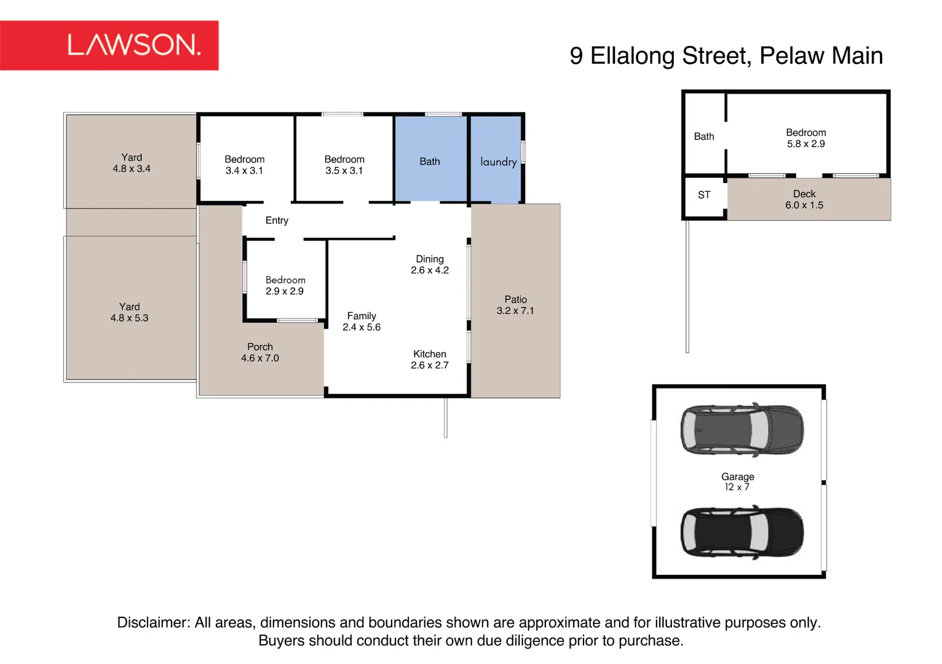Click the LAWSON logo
(109, 45)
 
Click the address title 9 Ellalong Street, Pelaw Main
(726, 55)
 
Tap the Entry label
(277, 220)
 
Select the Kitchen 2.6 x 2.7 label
(429, 360)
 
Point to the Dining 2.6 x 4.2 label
(429, 264)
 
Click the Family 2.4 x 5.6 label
(361, 322)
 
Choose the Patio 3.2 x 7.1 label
(515, 305)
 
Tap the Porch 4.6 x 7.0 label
(260, 352)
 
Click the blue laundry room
(496, 160)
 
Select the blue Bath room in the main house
(430, 159)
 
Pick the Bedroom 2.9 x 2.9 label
(285, 285)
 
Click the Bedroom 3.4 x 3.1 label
(244, 165)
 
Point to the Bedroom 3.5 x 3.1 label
(344, 165)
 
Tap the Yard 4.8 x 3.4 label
(131, 163)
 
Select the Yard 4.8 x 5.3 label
(129, 312)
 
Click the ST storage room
(705, 196)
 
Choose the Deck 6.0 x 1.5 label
(804, 199)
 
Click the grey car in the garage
(742, 430)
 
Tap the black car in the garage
(742, 532)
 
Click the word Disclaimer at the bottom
(154, 622)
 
